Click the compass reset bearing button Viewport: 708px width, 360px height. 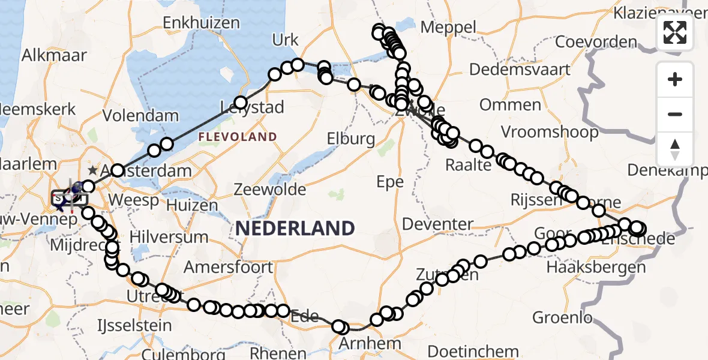675,149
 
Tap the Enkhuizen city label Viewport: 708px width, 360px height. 202,23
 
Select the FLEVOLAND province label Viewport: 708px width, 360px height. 238,137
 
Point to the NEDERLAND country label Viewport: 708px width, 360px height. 295,228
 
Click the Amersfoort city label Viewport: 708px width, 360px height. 228,267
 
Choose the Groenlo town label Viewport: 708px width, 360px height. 562,317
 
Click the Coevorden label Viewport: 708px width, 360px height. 596,42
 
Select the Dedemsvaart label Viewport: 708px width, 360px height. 520,70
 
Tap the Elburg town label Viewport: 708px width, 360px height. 351,140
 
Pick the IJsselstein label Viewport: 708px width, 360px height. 134,326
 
